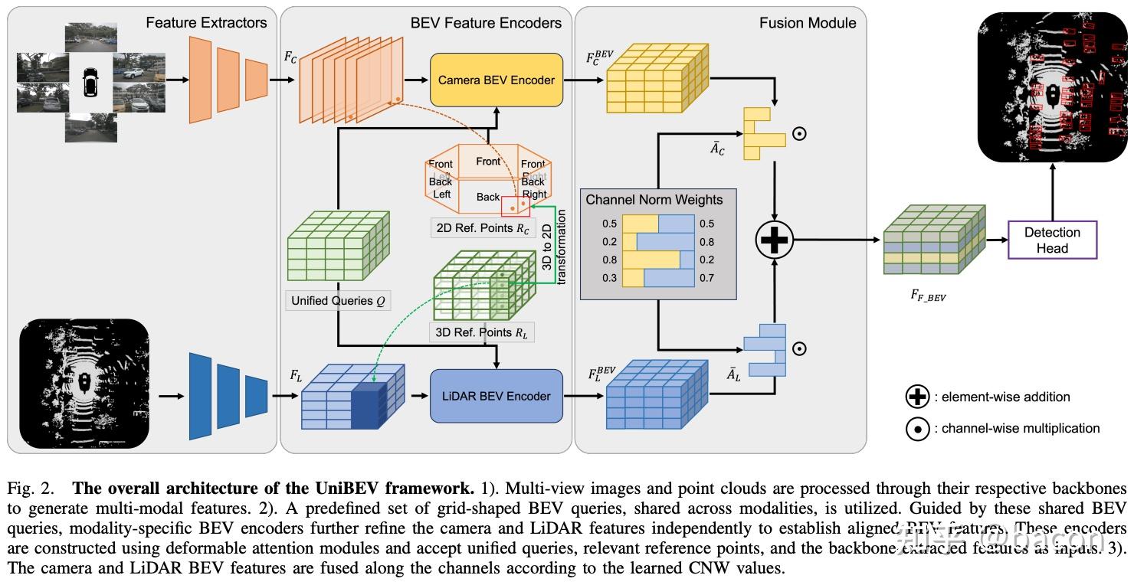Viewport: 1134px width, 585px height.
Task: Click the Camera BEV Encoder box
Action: tap(496, 80)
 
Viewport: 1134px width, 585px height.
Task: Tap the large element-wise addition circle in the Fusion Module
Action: tap(775, 240)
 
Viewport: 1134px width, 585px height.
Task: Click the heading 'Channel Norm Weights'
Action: tap(654, 200)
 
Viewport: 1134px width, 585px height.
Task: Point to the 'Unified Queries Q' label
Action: tap(337, 301)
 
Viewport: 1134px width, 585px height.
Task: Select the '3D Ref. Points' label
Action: tap(481, 333)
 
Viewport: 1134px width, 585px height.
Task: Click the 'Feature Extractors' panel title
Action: tap(206, 23)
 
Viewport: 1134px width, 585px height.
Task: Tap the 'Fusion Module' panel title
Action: tap(808, 23)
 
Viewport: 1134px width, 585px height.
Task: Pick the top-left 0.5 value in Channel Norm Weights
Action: tap(609, 224)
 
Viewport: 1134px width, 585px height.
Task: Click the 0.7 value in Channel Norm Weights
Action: tap(706, 278)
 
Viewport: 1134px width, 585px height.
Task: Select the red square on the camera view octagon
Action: tap(515, 206)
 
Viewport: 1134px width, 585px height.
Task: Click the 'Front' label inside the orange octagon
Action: tap(488, 161)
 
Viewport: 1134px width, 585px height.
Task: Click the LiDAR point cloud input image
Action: tap(84, 383)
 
